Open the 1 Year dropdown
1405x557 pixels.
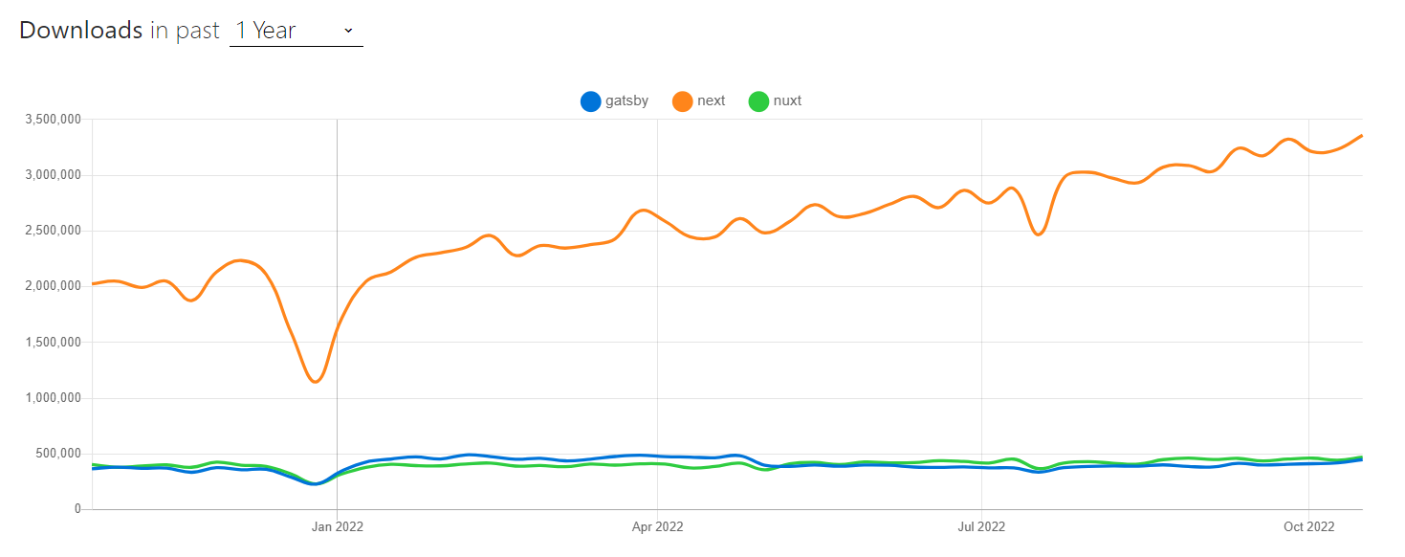(296, 31)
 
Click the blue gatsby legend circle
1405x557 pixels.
(591, 101)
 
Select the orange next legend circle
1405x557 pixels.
(683, 101)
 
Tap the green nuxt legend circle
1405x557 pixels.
(758, 101)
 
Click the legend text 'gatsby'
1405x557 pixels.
(626, 100)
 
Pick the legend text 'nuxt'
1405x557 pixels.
(787, 100)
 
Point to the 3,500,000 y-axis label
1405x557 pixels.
(54, 120)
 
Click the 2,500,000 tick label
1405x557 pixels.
(54, 231)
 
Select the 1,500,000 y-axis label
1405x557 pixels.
(54, 342)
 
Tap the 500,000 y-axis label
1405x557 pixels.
(59, 454)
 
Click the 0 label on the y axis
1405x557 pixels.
(77, 509)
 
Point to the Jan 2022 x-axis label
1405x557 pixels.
(337, 526)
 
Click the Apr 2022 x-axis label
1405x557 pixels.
(657, 526)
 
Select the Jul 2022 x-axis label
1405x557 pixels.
(981, 526)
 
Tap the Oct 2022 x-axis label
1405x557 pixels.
(1308, 526)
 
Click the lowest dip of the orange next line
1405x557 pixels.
(315, 382)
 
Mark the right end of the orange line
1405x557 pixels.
(1361, 136)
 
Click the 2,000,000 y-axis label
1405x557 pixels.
(54, 286)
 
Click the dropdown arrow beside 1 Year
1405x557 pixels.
(348, 31)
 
